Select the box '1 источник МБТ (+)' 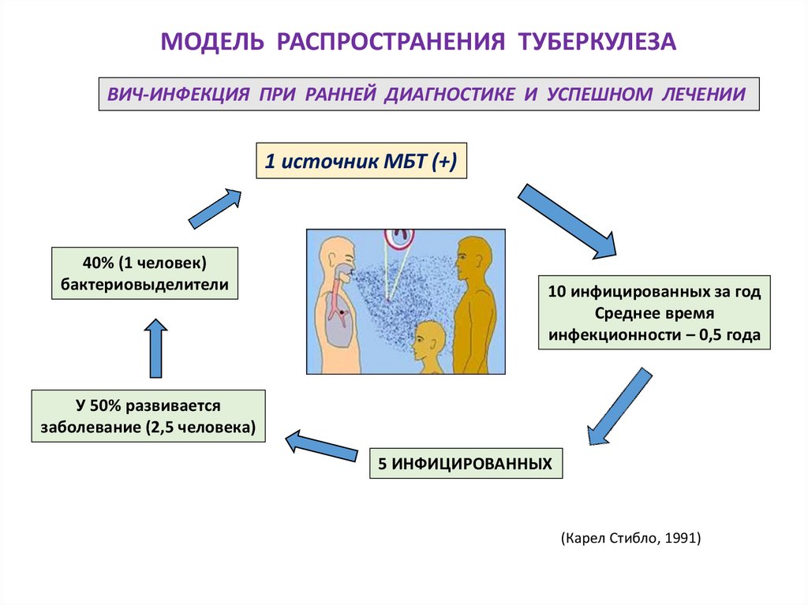(x=361, y=162)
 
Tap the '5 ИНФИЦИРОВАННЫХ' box (x=465, y=462)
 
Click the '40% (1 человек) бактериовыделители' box (x=144, y=273)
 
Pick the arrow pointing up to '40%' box (x=156, y=348)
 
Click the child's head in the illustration (x=427, y=338)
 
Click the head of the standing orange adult (x=473, y=257)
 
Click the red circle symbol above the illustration (x=399, y=234)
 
